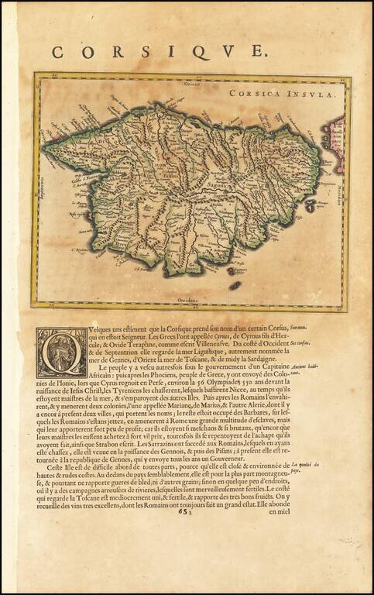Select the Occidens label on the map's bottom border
pos(178,298)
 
